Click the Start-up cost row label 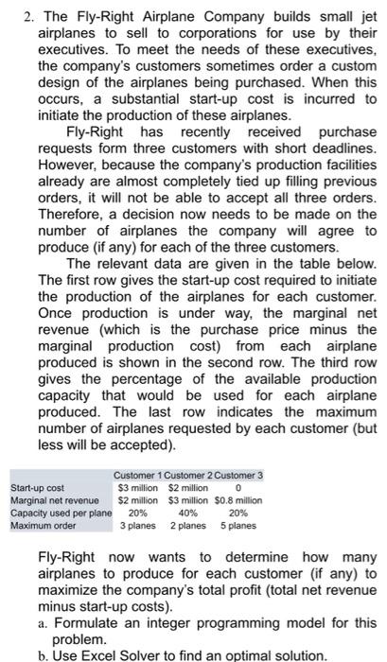click(33, 487)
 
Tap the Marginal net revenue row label click(50, 499)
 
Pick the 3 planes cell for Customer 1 click(136, 524)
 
